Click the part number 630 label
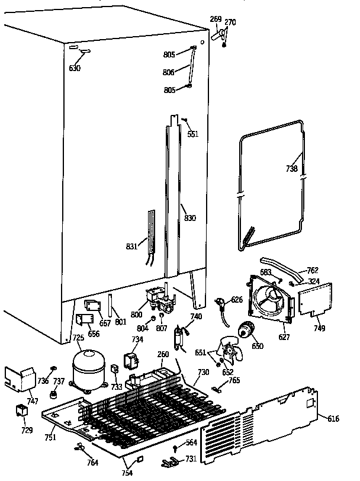(x=75, y=68)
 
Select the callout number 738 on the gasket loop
(x=291, y=168)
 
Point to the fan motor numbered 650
(x=245, y=330)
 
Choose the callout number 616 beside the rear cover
(x=333, y=419)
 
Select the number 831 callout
(x=133, y=246)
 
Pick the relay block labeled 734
(x=130, y=360)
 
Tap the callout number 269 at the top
(x=216, y=20)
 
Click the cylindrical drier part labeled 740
(x=179, y=339)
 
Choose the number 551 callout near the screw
(x=193, y=134)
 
